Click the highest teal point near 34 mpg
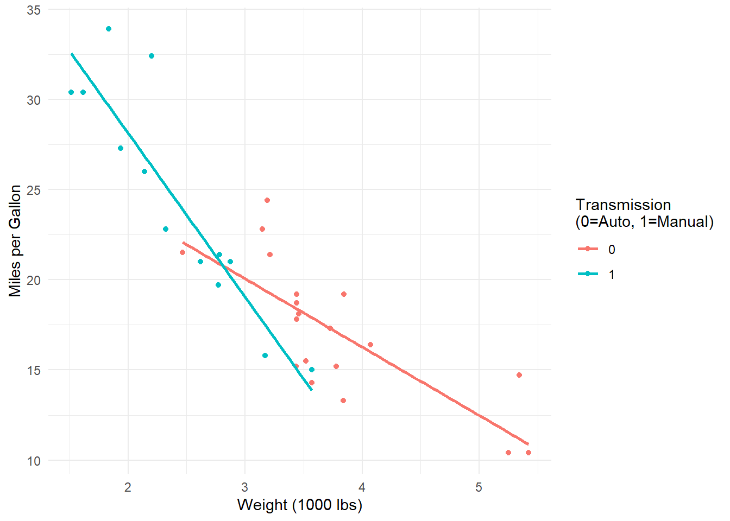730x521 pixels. click(109, 29)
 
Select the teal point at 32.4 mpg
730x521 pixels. click(152, 56)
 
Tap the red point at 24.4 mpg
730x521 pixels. click(267, 200)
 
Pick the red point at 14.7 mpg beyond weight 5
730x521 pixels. click(519, 375)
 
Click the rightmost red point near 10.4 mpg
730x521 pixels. click(528, 453)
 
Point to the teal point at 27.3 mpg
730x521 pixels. click(121, 148)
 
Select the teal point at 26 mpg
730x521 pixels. click(144, 171)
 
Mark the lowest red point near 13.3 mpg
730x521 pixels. click(343, 401)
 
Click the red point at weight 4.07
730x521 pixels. click(370, 345)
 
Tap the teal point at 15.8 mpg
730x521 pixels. click(265, 355)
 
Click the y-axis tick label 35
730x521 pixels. click(34, 10)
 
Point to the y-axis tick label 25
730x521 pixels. click(34, 190)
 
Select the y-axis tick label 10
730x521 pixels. click(34, 461)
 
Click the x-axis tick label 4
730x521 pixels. click(362, 487)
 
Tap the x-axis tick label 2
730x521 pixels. click(128, 487)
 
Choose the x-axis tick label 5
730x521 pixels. click(479, 487)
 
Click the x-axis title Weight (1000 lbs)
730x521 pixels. click(300, 505)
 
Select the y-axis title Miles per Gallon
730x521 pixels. click(15, 240)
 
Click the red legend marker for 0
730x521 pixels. click(588, 249)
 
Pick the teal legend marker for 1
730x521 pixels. click(588, 274)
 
